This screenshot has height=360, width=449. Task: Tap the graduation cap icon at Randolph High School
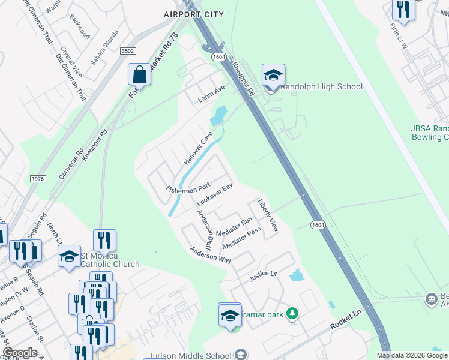point(273,76)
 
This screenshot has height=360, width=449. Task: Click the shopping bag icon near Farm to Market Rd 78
point(139,74)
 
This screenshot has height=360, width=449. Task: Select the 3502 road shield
point(127,52)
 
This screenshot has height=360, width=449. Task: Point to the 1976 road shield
point(38,179)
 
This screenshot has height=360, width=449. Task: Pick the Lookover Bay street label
point(214,195)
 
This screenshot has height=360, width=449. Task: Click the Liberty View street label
point(268,215)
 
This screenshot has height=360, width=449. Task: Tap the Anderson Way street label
point(211,256)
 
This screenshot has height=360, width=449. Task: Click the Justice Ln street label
point(264,276)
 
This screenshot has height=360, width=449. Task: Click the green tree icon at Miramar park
point(292,314)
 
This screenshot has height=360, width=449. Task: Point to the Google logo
point(20,353)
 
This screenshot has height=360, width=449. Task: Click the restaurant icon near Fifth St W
point(402,10)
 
